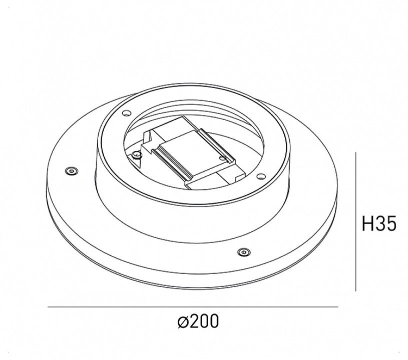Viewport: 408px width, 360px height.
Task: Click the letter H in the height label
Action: [x=368, y=224]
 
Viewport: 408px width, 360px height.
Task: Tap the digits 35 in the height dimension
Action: [x=387, y=224]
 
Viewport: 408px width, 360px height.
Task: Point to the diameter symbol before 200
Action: [x=183, y=321]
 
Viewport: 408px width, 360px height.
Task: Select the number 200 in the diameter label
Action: [x=204, y=321]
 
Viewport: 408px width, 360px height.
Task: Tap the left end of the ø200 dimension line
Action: [x=48, y=306]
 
